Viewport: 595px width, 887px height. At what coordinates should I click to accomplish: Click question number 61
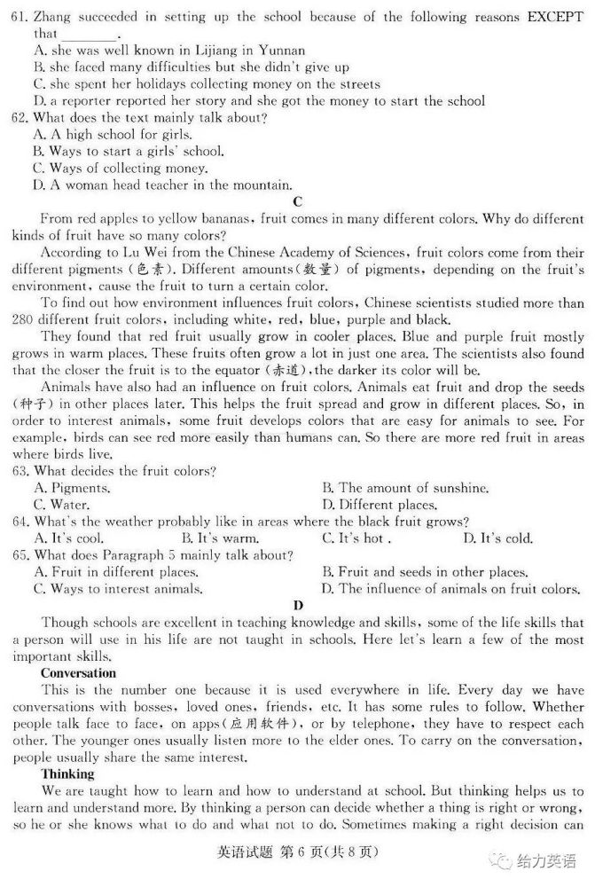click(x=20, y=16)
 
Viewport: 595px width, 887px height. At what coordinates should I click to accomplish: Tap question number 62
click(x=20, y=117)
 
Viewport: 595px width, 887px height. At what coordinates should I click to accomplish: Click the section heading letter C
click(x=297, y=201)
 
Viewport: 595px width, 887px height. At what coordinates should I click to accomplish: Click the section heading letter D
click(x=297, y=606)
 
